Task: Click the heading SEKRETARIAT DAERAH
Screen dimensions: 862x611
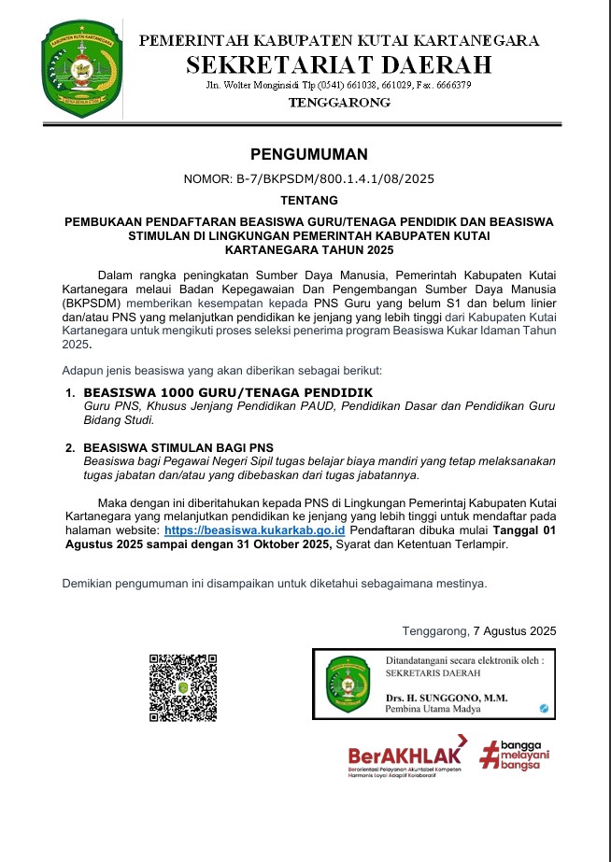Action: pyautogui.click(x=339, y=64)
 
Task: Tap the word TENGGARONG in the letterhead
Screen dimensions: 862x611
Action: pyautogui.click(x=339, y=103)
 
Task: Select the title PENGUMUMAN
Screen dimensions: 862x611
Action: pyautogui.click(x=308, y=154)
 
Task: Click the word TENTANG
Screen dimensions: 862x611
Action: pyautogui.click(x=308, y=199)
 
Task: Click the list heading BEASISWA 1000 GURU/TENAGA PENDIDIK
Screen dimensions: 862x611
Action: pyautogui.click(x=228, y=392)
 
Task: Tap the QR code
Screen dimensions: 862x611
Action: pyautogui.click(x=183, y=687)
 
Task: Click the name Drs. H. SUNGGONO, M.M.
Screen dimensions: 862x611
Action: pyautogui.click(x=446, y=698)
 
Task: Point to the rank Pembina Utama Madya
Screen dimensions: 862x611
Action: pyautogui.click(x=431, y=710)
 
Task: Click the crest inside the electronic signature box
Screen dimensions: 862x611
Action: pyautogui.click(x=348, y=685)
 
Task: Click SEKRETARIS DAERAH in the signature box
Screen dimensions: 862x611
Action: pyautogui.click(x=433, y=672)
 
